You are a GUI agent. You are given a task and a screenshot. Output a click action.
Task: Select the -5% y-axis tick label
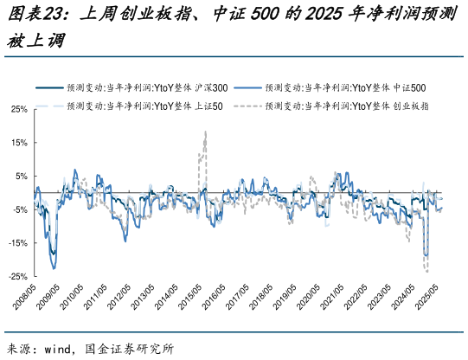coord(18,209)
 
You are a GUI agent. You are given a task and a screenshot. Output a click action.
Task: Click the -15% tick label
coord(16,242)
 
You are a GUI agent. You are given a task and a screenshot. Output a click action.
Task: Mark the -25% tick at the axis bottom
coord(16,276)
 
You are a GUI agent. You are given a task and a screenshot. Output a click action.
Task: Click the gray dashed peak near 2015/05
coord(205,132)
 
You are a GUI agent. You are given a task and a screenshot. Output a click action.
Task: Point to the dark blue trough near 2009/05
coord(54,267)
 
